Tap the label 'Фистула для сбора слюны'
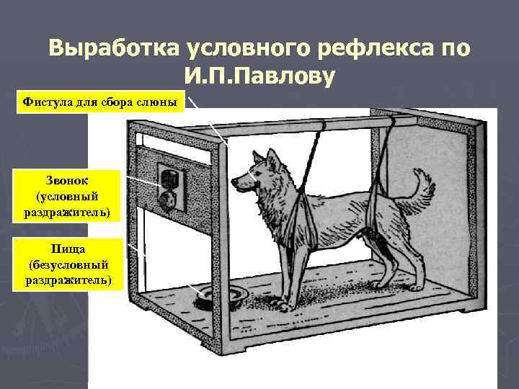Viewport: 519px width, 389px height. (99, 102)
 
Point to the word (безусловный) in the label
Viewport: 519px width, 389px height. (69, 264)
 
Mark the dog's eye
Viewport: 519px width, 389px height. (250, 174)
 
